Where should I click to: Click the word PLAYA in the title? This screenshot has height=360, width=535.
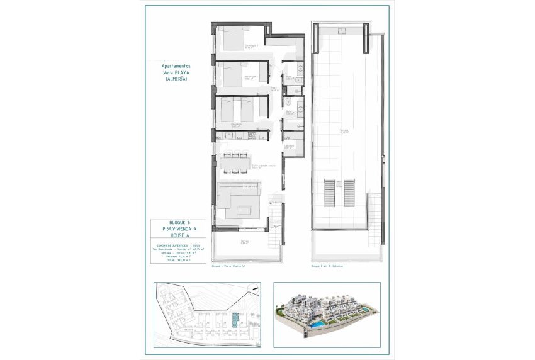(x=181, y=72)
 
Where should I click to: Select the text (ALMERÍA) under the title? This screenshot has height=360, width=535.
(x=176, y=79)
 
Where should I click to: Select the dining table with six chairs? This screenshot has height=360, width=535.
(x=235, y=162)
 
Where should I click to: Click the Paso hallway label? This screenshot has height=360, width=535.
(x=275, y=89)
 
